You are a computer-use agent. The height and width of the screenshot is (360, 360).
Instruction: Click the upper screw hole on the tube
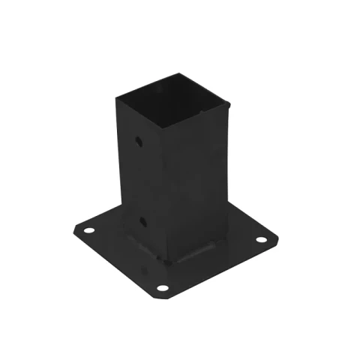click(x=139, y=141)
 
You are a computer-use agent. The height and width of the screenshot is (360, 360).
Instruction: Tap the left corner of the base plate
click(x=74, y=229)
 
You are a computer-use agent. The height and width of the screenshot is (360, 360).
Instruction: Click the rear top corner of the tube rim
click(x=180, y=73)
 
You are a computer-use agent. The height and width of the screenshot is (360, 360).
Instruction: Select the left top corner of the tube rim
click(x=116, y=96)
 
